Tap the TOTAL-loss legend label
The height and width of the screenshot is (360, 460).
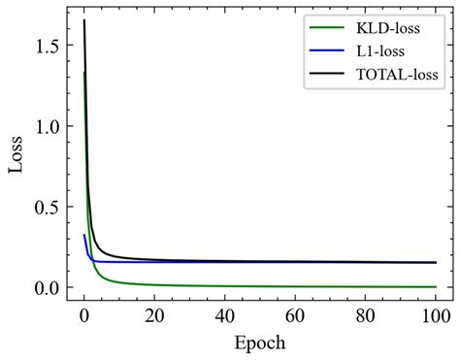point(399,73)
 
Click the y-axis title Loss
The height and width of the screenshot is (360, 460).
point(16,155)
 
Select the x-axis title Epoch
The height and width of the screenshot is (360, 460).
point(259,343)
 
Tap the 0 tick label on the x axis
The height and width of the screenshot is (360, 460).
point(84,316)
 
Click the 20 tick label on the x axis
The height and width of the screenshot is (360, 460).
point(154,316)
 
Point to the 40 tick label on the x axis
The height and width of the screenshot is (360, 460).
point(224,316)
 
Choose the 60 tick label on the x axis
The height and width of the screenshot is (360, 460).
point(295,316)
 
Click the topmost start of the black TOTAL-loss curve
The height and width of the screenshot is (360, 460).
point(84,20)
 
